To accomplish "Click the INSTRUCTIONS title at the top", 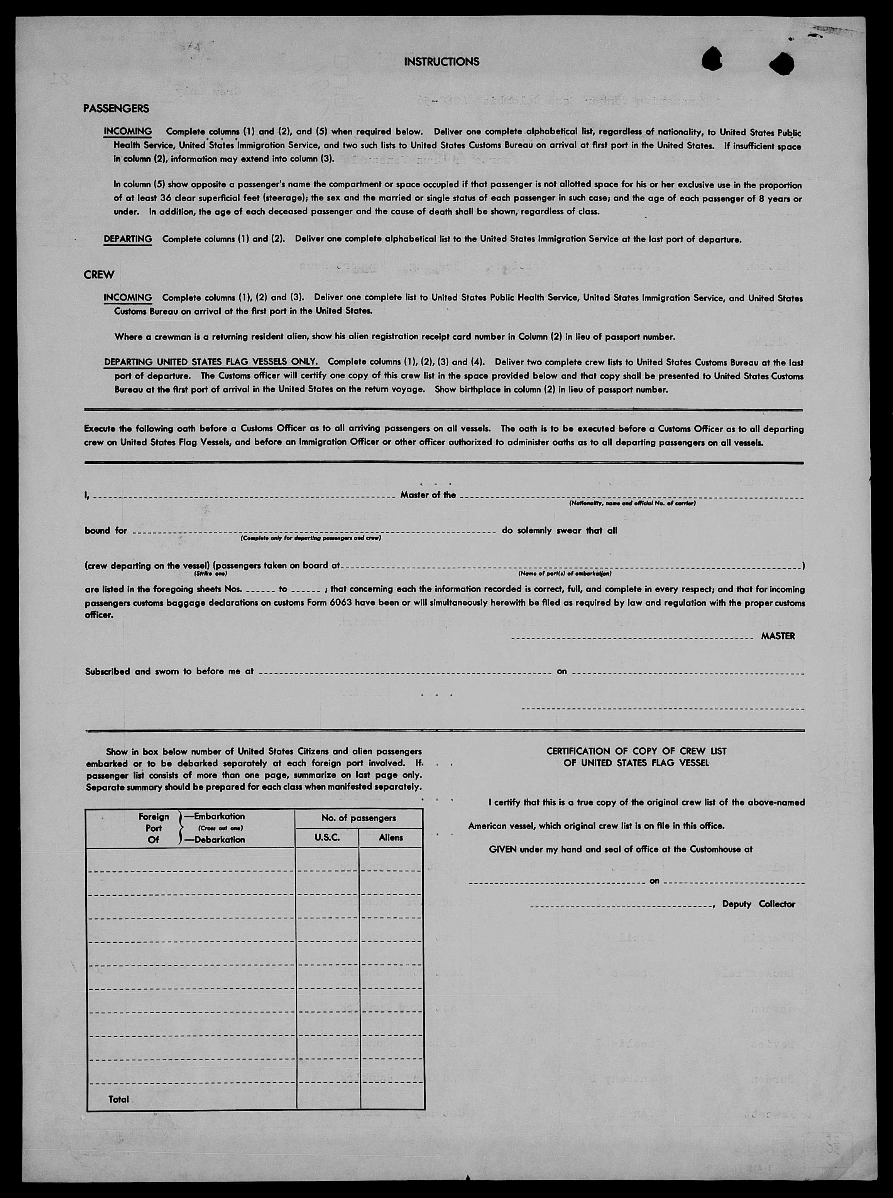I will pyautogui.click(x=441, y=62).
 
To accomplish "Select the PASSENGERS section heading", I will pyautogui.click(x=116, y=109).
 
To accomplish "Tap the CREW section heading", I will pyautogui.click(x=99, y=275).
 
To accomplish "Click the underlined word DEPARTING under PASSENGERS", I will pyautogui.click(x=128, y=239).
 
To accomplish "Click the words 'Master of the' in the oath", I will pyautogui.click(x=428, y=495).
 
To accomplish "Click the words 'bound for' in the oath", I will pyautogui.click(x=106, y=531).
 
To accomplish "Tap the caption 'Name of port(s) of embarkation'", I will pyautogui.click(x=564, y=574).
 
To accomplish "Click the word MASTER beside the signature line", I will pyautogui.click(x=778, y=636).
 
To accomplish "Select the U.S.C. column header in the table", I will pyautogui.click(x=326, y=838).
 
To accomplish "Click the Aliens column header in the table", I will pyautogui.click(x=391, y=838).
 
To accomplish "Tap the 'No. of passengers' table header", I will pyautogui.click(x=359, y=818).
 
